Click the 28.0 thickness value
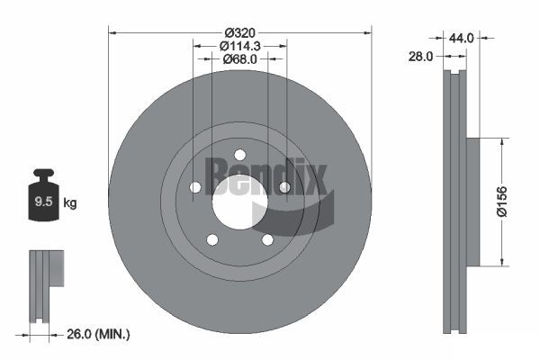420,56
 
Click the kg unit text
70,203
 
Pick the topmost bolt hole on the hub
239,154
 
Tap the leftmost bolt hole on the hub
194,187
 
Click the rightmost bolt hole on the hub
284,187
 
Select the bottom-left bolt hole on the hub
212,239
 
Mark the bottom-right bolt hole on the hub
267,239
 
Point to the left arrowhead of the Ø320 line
112,31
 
